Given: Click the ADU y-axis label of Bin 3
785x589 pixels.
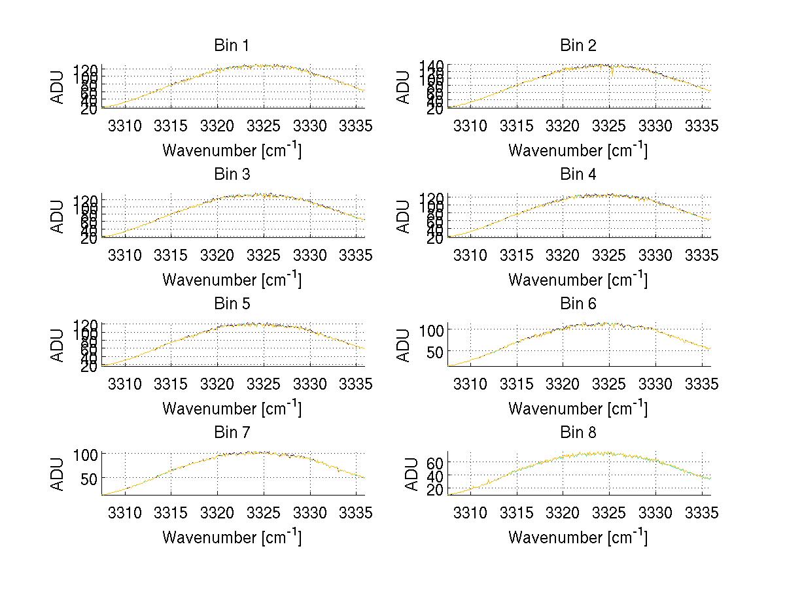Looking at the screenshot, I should tap(58, 216).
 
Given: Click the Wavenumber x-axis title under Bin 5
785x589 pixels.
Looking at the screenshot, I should tap(232, 409).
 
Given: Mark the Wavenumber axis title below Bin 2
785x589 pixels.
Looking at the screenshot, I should tap(578, 150).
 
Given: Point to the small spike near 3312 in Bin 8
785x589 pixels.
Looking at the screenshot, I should tap(489, 482).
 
